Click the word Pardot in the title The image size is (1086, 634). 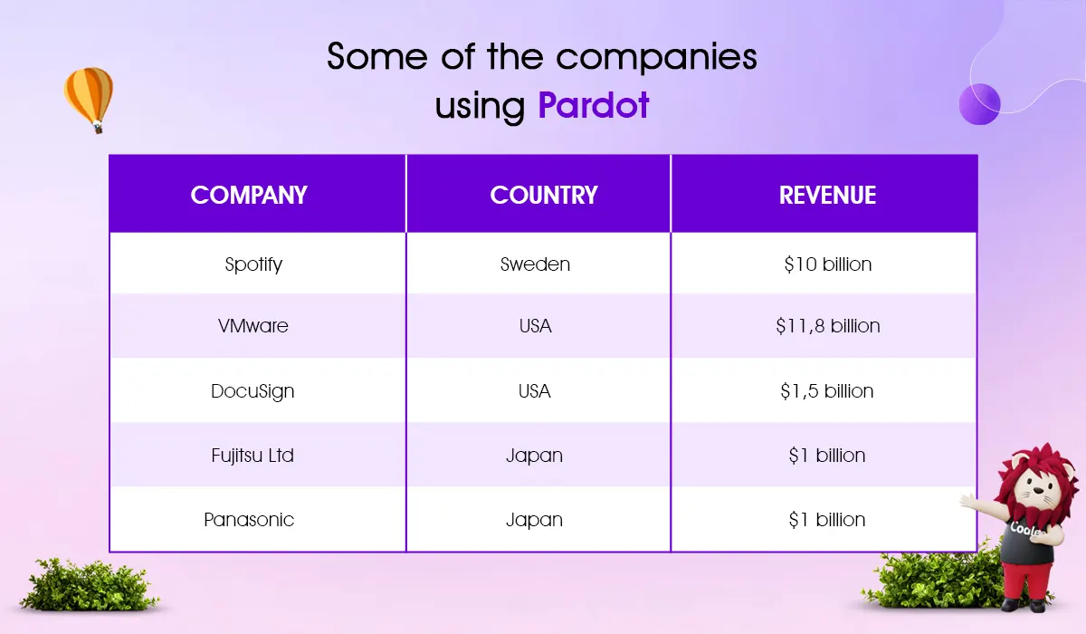[x=594, y=105]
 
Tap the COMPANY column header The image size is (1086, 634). [x=249, y=195]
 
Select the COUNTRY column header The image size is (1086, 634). [x=544, y=195]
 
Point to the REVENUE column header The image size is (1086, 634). [x=827, y=195]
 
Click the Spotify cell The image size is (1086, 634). [x=253, y=264]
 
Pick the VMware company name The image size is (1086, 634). [x=253, y=325]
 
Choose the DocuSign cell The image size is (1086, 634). [x=252, y=391]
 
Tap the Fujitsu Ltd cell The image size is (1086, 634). [x=252, y=456]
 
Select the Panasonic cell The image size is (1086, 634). [x=249, y=520]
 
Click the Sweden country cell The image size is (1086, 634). [x=535, y=264]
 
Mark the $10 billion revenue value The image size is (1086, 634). [x=827, y=264]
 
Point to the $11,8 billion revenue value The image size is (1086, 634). [x=827, y=325]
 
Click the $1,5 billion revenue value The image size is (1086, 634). [x=826, y=391]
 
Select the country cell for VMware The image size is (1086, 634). [x=535, y=325]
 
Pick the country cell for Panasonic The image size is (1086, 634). [x=534, y=521]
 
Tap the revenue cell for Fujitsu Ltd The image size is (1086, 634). [x=826, y=456]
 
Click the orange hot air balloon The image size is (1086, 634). [x=89, y=100]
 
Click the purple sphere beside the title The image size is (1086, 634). [x=979, y=104]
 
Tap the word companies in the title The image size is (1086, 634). [x=656, y=57]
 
